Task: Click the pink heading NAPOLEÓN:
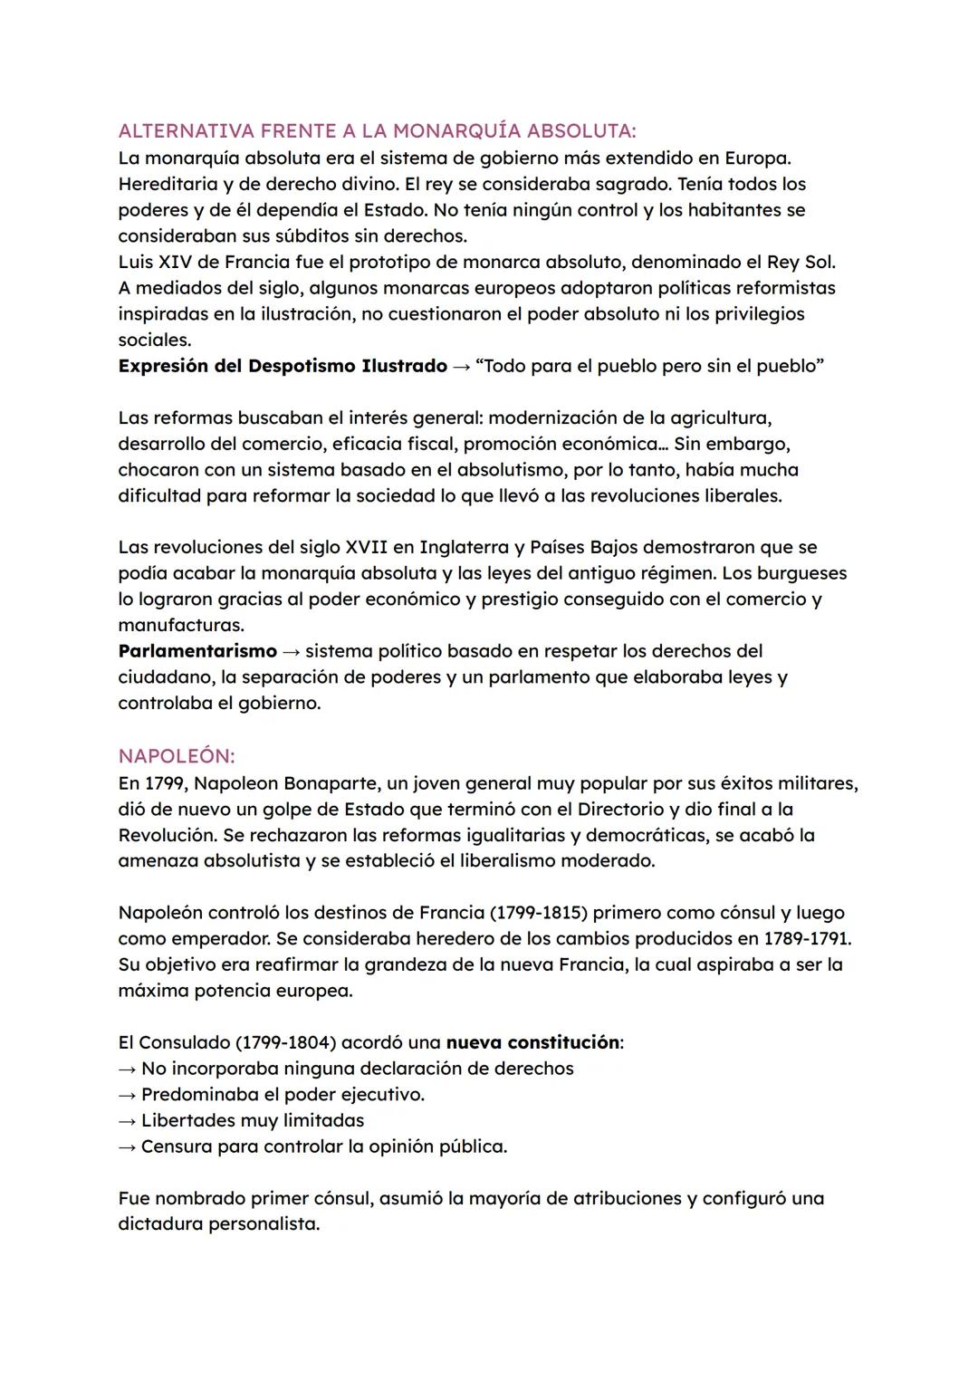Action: [177, 756]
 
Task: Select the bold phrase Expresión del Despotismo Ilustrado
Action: [283, 366]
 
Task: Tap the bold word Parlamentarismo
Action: [197, 651]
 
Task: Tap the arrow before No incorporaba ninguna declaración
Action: [127, 1069]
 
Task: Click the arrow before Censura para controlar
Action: [127, 1146]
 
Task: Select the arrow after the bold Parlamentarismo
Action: [291, 651]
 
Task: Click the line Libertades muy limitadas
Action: [252, 1120]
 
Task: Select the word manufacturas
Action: [180, 625]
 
